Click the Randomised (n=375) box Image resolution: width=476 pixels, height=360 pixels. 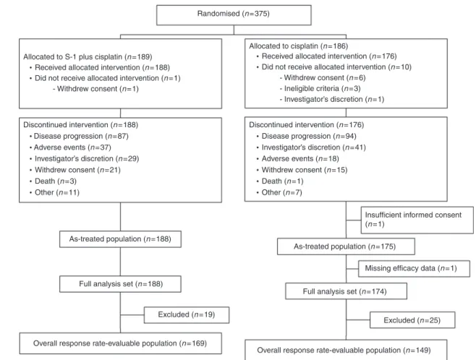(234, 15)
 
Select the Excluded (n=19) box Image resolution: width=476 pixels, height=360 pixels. (187, 314)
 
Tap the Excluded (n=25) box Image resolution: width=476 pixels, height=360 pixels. (412, 320)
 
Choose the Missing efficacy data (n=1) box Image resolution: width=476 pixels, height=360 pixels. (414, 268)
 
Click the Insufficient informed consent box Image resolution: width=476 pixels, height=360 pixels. (417, 220)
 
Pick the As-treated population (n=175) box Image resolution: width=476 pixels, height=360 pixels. (346, 247)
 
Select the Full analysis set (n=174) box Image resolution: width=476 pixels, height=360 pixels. (346, 291)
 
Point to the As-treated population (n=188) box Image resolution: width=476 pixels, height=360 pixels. (120, 239)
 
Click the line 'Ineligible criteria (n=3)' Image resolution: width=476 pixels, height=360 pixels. (320, 89)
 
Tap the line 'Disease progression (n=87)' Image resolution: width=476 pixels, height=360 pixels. (79, 136)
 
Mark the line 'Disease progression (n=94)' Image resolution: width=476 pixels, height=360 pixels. (306, 136)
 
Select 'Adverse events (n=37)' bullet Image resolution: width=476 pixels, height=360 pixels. (70, 147)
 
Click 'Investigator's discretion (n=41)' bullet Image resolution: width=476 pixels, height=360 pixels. (311, 147)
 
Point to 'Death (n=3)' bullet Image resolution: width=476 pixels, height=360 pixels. (53, 181)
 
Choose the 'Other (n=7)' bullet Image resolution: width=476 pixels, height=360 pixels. (279, 192)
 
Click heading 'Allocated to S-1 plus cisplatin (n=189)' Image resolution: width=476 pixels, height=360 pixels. (88, 56)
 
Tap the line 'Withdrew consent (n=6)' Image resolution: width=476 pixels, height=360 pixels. (323, 77)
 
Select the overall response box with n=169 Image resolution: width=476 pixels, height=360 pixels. (120, 343)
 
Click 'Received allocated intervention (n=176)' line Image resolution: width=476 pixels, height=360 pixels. (326, 56)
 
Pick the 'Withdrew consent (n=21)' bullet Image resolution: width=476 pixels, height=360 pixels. (75, 170)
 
